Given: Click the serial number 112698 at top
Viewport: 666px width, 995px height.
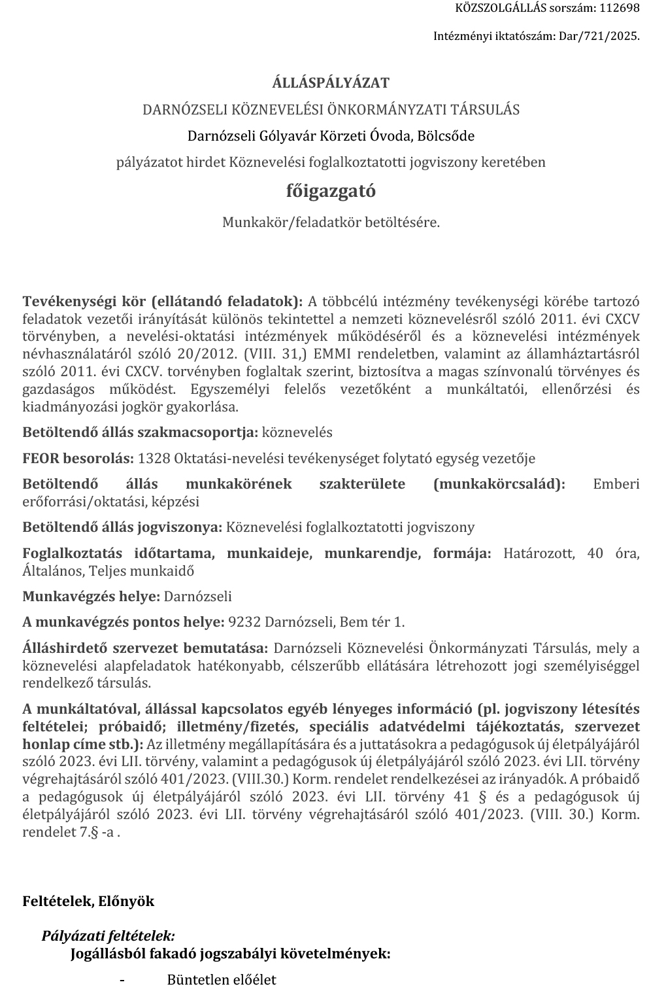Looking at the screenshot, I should [x=620, y=9].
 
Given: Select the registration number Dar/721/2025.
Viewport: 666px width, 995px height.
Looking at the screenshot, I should [x=599, y=36].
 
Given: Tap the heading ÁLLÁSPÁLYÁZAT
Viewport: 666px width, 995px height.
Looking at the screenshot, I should [x=331, y=83].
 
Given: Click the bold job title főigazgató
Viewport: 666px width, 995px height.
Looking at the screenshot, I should [x=331, y=191].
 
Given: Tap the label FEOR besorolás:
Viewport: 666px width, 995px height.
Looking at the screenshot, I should [x=78, y=459].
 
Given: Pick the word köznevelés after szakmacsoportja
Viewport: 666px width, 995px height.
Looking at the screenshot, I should [x=297, y=432].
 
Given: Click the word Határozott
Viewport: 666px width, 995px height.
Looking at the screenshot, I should [x=539, y=553].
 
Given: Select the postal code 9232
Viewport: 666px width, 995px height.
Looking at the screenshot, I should [x=242, y=621].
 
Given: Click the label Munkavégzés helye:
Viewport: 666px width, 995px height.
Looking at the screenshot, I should [x=92, y=597].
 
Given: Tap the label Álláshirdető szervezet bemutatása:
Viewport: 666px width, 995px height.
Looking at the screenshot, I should [x=145, y=648].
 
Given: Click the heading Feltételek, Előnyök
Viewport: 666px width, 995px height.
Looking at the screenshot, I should [x=88, y=901].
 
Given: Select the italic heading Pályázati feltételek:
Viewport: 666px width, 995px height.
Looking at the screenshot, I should [x=108, y=936].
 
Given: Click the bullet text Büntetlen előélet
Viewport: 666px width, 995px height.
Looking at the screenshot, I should [x=222, y=980].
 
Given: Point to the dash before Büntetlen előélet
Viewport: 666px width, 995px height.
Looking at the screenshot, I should [x=122, y=980].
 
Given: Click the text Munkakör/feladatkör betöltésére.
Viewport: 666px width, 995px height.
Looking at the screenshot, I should [x=331, y=222].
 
